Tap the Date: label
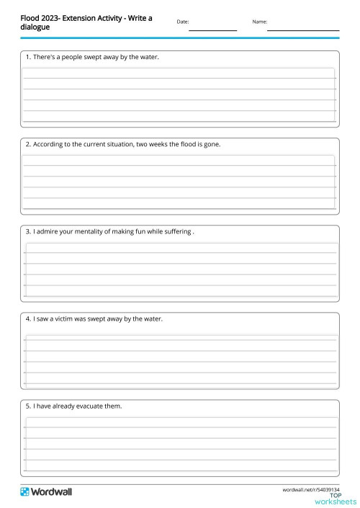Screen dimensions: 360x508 pos(182,22)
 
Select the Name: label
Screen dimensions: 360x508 pos(259,22)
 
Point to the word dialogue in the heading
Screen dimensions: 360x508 pos(35,27)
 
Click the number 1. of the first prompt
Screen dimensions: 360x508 pos(28,56)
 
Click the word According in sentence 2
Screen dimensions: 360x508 pos(48,144)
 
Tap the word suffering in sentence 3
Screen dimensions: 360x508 pos(176,232)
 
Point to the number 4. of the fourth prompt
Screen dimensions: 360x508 pos(28,318)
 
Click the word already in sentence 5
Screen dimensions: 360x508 pos(62,406)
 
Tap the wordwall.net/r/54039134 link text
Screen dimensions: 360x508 pos(310,489)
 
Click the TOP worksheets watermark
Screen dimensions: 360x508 pos(335,499)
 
